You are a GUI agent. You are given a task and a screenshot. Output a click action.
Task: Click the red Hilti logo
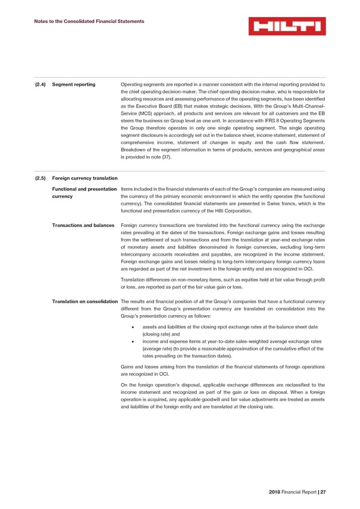point(286,26)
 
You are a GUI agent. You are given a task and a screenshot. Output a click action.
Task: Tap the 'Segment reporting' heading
point(74,84)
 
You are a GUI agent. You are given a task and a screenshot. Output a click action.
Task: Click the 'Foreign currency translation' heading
point(85,178)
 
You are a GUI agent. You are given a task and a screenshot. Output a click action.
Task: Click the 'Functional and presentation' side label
point(85,190)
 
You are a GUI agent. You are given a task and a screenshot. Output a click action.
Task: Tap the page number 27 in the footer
point(322,492)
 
